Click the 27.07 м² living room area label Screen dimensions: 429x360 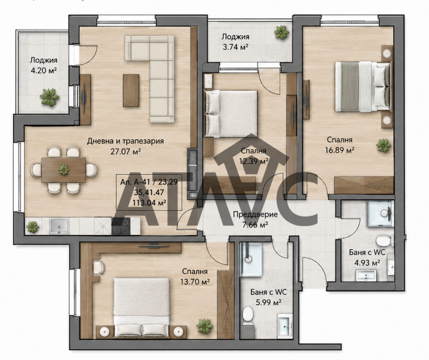[x=125, y=151]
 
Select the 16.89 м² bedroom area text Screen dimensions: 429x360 [x=339, y=150]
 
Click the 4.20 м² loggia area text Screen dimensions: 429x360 [x=44, y=71]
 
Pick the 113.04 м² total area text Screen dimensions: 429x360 [x=149, y=203]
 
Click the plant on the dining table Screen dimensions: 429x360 [x=64, y=170]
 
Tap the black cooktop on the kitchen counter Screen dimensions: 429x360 [x=121, y=226]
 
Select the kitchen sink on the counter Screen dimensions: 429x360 [x=59, y=226]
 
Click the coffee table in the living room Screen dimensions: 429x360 [x=131, y=90]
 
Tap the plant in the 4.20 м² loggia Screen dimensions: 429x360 [x=49, y=97]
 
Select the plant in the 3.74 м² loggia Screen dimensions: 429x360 [x=281, y=32]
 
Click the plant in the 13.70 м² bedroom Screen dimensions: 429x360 [x=205, y=326]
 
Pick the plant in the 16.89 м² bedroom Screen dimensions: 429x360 [x=383, y=146]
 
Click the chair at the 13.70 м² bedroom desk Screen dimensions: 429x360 [x=98, y=268]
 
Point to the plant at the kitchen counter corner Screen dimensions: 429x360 [x=32, y=227]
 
